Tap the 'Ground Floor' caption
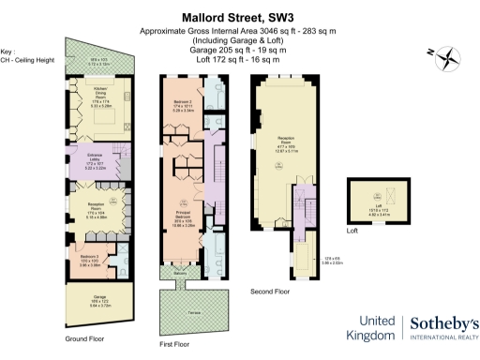tap(82, 337)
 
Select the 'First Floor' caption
tap(175, 345)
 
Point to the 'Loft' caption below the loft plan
tap(352, 231)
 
